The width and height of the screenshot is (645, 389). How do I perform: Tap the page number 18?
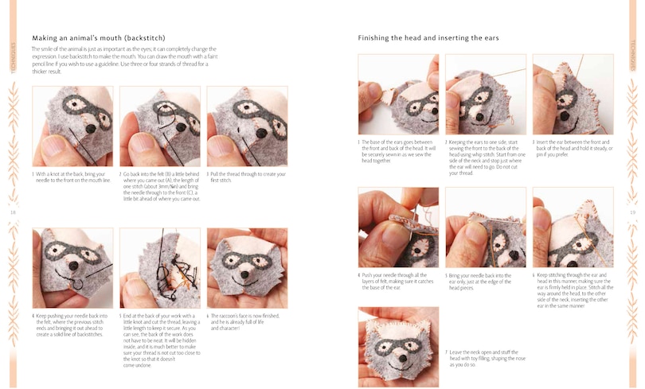pyautogui.click(x=13, y=212)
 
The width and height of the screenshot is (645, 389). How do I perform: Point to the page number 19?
pyautogui.click(x=632, y=212)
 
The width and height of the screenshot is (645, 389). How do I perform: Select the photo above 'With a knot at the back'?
pyautogui.click(x=72, y=126)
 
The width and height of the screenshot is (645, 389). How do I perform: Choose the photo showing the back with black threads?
pyautogui.click(x=160, y=267)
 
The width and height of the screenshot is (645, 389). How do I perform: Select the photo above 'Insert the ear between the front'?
pyautogui.click(x=572, y=95)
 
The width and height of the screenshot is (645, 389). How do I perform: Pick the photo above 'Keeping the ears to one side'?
pyautogui.click(x=485, y=95)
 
